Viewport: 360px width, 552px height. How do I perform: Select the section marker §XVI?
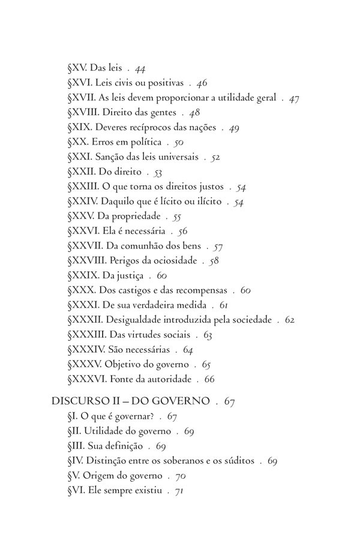click(x=80, y=83)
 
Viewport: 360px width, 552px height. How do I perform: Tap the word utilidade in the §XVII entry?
click(x=226, y=97)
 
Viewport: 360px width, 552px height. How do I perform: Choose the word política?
click(x=144, y=142)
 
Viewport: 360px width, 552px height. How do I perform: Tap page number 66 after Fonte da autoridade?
click(x=209, y=379)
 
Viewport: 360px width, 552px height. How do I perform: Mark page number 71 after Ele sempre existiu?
click(x=178, y=490)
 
